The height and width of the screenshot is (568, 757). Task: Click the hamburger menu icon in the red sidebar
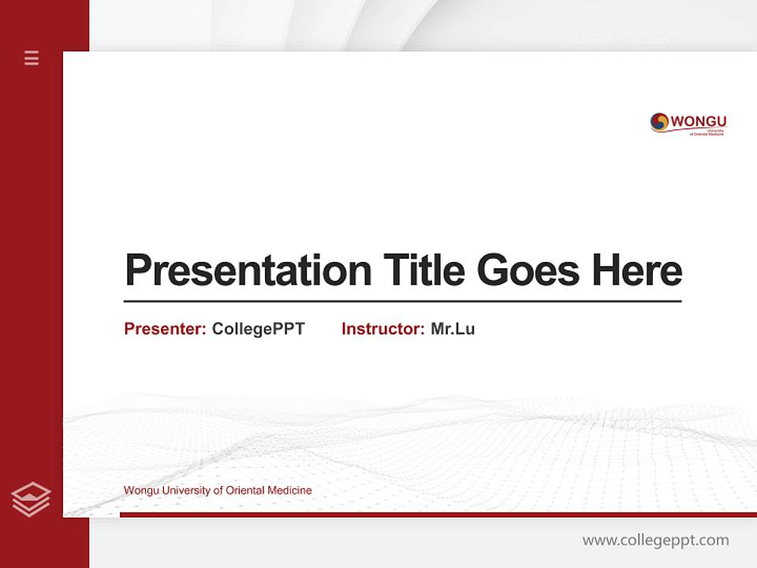click(32, 58)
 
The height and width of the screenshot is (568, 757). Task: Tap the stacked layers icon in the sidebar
click(31, 499)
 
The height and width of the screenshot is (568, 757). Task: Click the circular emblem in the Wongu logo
click(659, 121)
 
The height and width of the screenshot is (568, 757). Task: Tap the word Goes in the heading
click(530, 271)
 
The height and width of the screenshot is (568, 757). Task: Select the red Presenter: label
click(166, 329)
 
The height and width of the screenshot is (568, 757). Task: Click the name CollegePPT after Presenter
click(258, 329)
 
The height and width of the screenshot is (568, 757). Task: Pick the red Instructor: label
click(383, 329)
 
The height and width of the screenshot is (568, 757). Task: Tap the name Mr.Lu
click(453, 329)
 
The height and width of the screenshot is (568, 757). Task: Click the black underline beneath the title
click(402, 301)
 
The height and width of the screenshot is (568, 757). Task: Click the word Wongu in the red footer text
click(140, 491)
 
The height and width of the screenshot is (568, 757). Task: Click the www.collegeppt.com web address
click(655, 540)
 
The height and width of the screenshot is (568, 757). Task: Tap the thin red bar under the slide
click(438, 514)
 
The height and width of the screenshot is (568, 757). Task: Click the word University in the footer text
click(185, 491)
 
